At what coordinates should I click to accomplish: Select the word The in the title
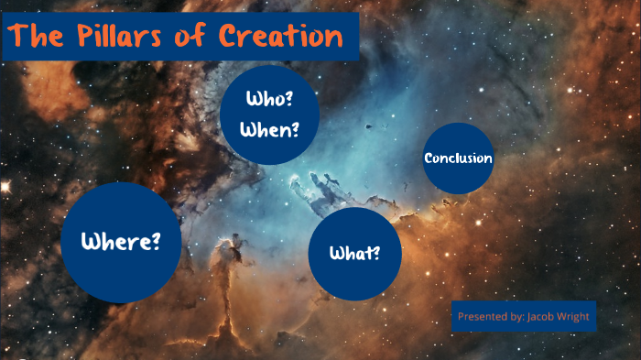tap(38, 38)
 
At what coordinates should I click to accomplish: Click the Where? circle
tap(121, 242)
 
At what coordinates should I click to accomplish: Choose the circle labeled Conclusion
tap(459, 158)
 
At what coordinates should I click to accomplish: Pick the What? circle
tap(355, 254)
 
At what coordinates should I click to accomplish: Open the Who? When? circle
tap(269, 115)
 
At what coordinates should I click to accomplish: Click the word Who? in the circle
tap(269, 99)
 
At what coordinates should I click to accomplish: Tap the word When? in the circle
tap(269, 129)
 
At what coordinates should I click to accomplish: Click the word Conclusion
tap(459, 158)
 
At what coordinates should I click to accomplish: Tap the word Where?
tap(121, 242)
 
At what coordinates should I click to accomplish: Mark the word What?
tap(355, 254)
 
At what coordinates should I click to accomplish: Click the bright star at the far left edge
tap(5, 186)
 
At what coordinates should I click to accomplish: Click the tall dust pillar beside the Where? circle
tap(223, 275)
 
